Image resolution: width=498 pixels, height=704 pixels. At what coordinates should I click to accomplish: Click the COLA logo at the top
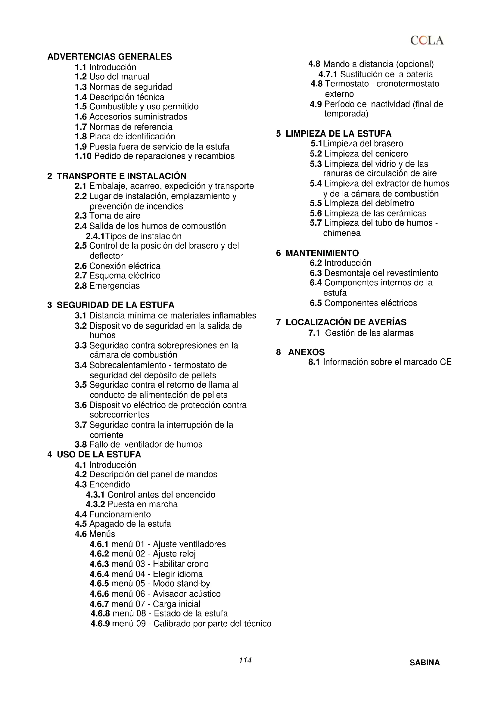(427, 40)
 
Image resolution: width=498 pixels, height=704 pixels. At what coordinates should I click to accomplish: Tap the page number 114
(245, 660)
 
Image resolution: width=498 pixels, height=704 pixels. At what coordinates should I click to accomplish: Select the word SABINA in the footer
(425, 662)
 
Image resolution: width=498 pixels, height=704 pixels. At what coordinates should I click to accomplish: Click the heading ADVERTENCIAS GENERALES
(110, 57)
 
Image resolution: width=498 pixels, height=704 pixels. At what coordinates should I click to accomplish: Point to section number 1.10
(83, 156)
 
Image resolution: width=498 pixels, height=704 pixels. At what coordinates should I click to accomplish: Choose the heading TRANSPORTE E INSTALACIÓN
(121, 176)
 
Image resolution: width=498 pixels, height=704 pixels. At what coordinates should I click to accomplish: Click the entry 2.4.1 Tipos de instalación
(134, 236)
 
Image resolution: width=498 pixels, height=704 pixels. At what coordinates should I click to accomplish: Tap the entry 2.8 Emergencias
(107, 286)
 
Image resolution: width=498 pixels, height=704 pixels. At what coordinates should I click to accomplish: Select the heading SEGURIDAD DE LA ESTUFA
(115, 305)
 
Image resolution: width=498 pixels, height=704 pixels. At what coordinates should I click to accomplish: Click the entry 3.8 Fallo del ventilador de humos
(138, 444)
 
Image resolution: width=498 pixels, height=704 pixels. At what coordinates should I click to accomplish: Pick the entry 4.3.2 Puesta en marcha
(132, 504)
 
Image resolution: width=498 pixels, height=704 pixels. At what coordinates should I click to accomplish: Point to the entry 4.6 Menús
(95, 534)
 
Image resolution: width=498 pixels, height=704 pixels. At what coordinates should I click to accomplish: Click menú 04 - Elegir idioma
(146, 574)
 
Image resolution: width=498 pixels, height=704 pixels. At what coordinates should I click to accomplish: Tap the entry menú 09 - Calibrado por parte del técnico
(181, 624)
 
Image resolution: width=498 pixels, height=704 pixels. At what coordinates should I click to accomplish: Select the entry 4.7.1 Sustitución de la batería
(376, 74)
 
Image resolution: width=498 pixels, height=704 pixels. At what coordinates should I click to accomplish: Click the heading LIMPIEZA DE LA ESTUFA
(338, 134)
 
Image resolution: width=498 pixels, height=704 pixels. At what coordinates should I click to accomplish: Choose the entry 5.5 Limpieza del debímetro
(362, 203)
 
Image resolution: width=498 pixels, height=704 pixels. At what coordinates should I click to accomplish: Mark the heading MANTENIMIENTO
(322, 253)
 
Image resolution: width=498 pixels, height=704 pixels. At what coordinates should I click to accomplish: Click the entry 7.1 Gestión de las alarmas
(361, 333)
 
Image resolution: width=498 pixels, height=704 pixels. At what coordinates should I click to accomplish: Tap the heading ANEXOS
(306, 352)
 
